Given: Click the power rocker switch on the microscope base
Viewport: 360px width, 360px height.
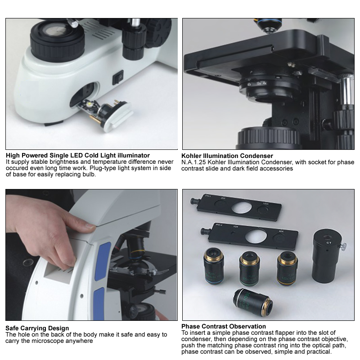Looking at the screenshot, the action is (x=118, y=77).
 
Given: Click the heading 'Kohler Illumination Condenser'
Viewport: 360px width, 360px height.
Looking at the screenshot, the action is (x=227, y=156).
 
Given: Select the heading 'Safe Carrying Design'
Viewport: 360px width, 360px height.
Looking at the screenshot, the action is (x=37, y=328).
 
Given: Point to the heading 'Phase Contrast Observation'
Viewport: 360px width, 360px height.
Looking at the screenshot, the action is (x=224, y=326).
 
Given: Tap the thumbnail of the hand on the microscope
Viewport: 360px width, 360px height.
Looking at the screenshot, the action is (x=91, y=255).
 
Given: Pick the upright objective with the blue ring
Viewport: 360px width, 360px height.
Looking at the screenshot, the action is (x=214, y=266).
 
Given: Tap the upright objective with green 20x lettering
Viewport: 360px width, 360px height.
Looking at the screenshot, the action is (x=250, y=268).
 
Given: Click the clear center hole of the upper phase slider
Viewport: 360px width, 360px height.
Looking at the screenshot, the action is (x=241, y=207).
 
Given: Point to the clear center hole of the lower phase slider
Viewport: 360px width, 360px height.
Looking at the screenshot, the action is (x=256, y=237).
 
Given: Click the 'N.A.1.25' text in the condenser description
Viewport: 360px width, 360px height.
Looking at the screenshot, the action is (x=193, y=162).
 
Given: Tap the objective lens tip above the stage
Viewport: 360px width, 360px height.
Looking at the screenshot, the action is (x=268, y=30).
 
